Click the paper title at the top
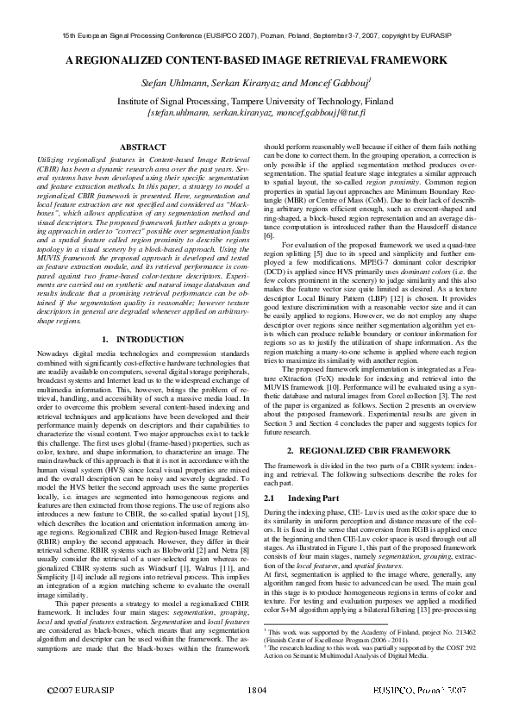256,61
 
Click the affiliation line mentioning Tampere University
256,100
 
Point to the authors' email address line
256,112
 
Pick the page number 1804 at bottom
256,715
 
